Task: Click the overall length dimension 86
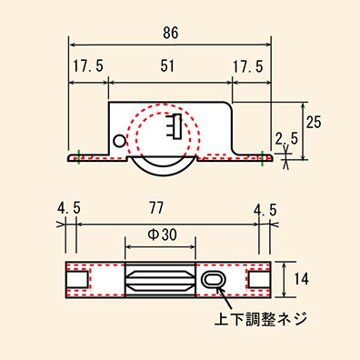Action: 171,33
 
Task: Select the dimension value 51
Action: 167,65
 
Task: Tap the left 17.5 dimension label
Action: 88,66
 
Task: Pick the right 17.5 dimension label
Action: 248,66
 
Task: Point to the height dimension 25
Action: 313,122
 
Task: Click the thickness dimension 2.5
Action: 286,139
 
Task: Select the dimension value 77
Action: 156,208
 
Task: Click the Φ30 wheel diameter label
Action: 162,235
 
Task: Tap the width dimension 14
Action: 301,278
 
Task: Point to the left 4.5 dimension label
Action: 69,208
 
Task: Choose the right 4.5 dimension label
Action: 265,210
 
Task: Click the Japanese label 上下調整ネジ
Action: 261,319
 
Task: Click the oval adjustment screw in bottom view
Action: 213,279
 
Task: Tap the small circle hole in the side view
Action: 119,141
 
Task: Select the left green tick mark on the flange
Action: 78,157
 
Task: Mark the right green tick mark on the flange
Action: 263,158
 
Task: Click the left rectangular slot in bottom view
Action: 77,279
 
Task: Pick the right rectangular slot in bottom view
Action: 258,279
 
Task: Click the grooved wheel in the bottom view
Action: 160,279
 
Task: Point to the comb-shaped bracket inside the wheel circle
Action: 175,126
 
